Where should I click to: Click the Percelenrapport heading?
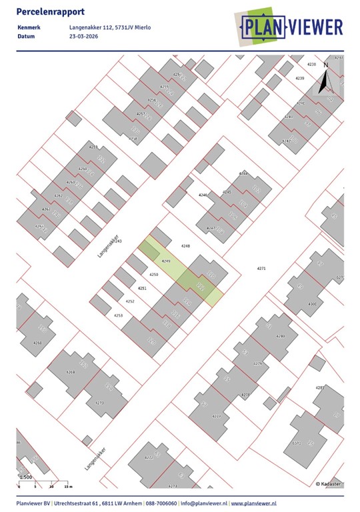[x=45, y=12]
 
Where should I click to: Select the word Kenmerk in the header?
[x=29, y=27]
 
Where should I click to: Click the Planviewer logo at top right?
[x=291, y=27]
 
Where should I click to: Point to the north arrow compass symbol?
[x=325, y=79]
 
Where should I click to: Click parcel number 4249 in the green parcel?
[x=167, y=261]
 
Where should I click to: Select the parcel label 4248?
[x=185, y=246]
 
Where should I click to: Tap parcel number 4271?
[x=261, y=268]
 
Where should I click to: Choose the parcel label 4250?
[x=153, y=275]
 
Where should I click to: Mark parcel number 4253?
[x=118, y=315]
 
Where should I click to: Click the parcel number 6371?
[x=297, y=443]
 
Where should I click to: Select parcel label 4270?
[x=100, y=403]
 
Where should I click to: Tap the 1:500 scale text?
[x=25, y=477]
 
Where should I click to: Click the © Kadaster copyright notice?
[x=329, y=483]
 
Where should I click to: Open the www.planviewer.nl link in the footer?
[x=254, y=503]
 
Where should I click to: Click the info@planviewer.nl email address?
[x=204, y=503]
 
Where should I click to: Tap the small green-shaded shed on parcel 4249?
[x=149, y=251]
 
